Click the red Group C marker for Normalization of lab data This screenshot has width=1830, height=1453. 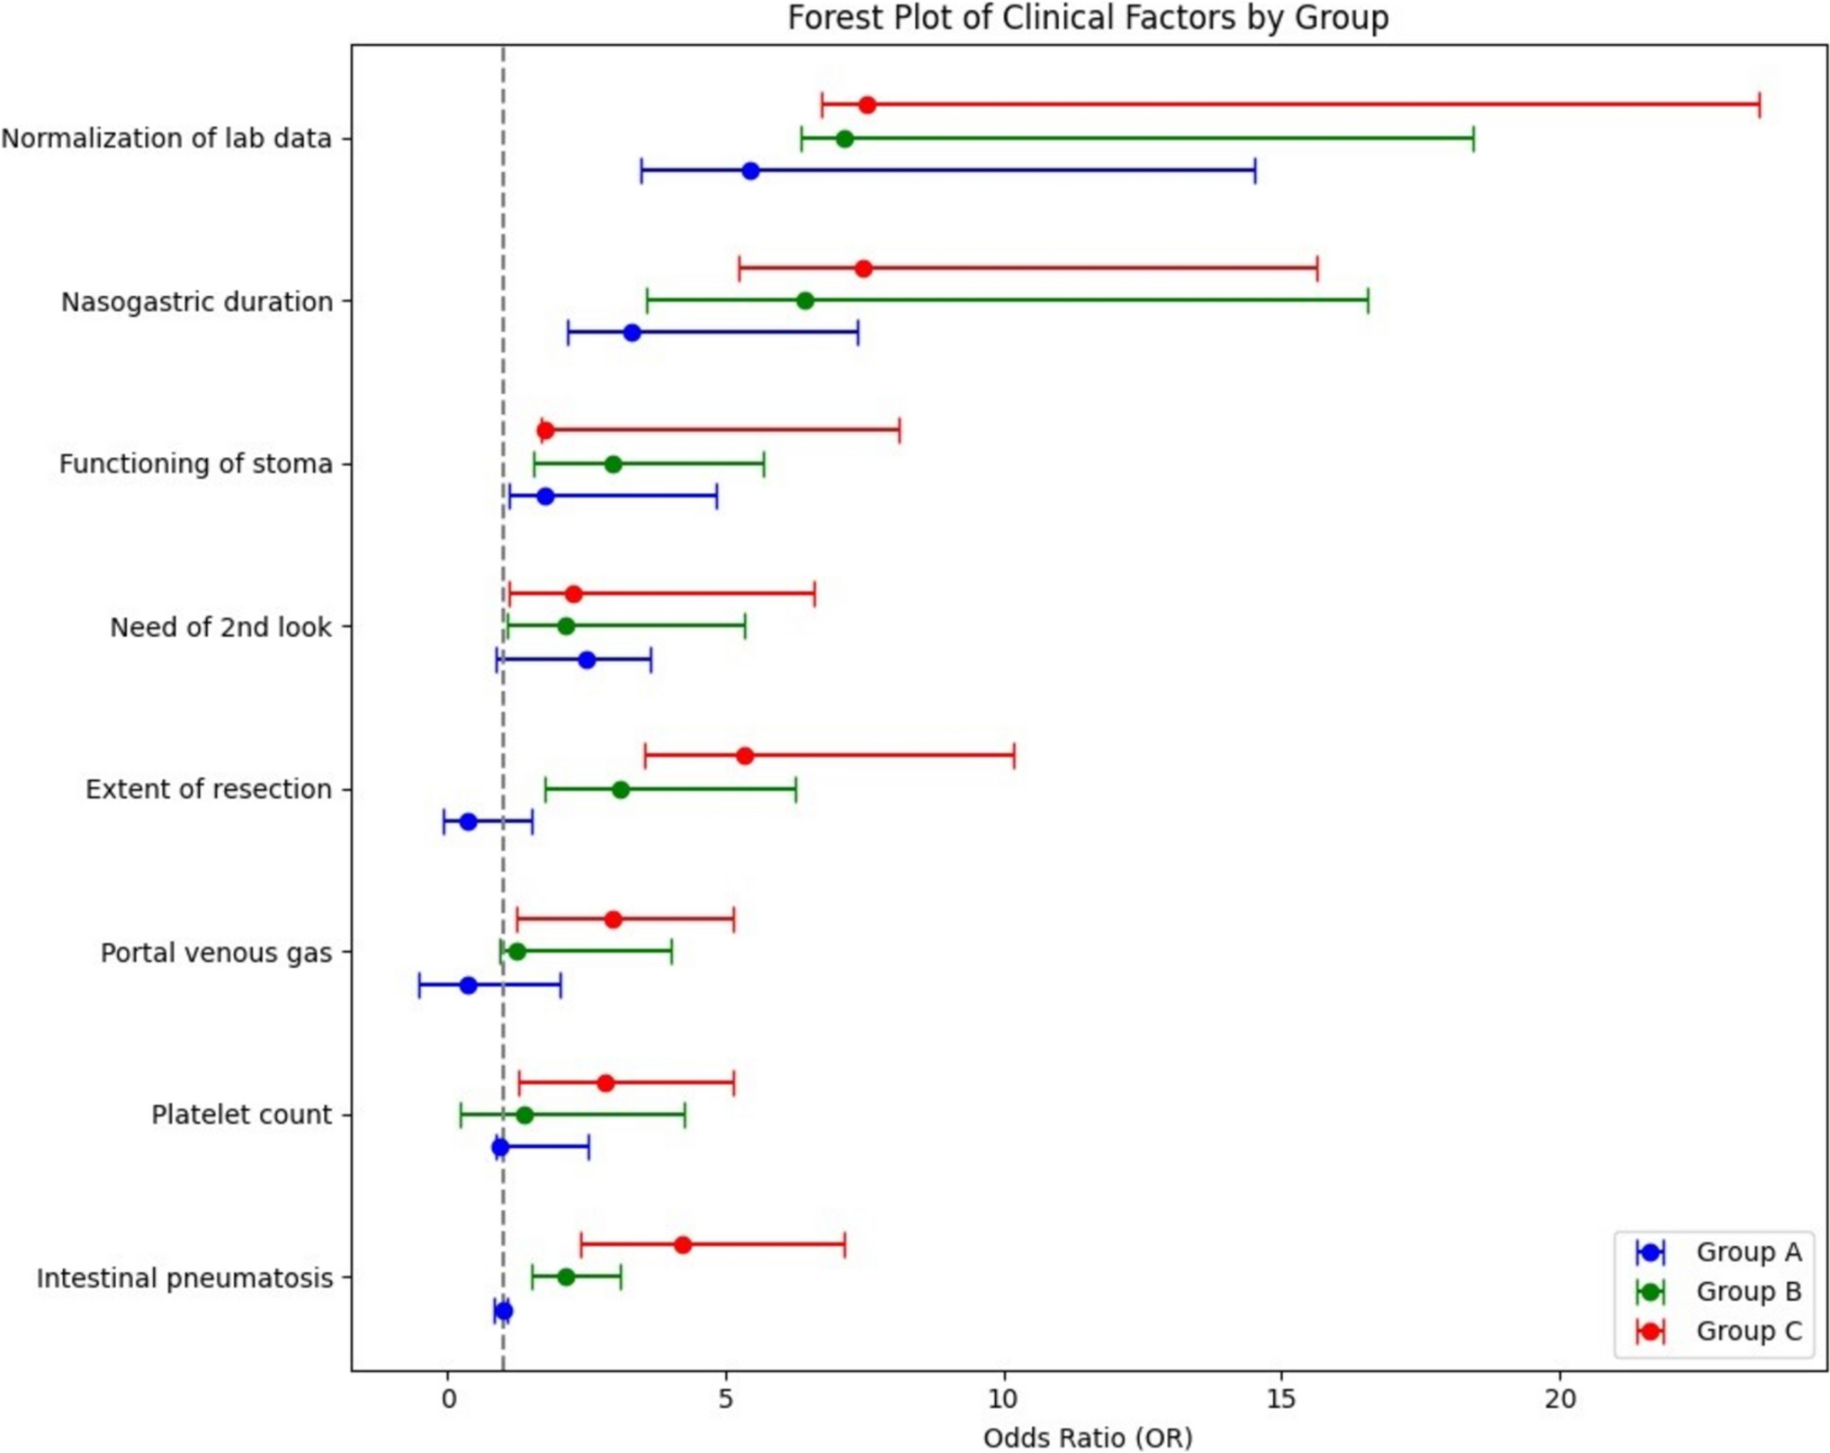[x=866, y=105]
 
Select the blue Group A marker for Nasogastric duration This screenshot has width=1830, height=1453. [x=632, y=333]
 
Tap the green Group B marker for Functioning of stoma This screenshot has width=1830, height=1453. [x=613, y=464]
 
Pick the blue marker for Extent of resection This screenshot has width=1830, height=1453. [x=468, y=821]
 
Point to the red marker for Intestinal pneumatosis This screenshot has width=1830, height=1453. [x=682, y=1245]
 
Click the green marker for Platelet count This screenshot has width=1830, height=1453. [x=525, y=1116]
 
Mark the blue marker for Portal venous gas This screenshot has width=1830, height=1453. [x=468, y=985]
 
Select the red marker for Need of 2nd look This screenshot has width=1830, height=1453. [x=573, y=594]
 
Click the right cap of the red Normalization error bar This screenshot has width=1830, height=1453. [x=1759, y=105]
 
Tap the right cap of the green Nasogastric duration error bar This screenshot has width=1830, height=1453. [x=1368, y=300]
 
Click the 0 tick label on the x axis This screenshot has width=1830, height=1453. [x=447, y=1399]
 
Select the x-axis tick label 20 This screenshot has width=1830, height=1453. [x=1559, y=1399]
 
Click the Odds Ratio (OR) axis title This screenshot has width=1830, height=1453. [x=1087, y=1438]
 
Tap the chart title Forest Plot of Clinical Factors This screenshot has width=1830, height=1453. [x=1087, y=17]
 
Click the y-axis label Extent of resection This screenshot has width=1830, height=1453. [x=208, y=789]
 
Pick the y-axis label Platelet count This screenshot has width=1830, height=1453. [x=241, y=1115]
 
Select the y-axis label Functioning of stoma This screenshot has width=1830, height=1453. [x=195, y=463]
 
